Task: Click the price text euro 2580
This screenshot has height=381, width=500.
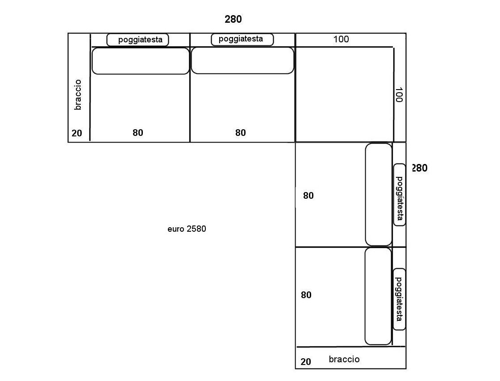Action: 187,229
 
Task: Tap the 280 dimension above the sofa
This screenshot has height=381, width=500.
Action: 233,20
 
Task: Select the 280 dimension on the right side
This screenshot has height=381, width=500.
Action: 420,168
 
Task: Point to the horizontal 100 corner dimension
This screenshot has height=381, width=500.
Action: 341,39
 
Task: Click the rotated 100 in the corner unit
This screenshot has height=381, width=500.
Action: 399,95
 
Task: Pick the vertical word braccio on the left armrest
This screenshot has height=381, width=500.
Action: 78,95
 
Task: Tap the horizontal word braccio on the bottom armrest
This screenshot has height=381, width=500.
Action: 344,359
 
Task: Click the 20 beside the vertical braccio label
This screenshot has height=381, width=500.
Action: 77,133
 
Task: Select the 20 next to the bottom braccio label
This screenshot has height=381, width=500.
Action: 305,362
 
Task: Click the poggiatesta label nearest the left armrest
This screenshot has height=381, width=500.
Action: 140,40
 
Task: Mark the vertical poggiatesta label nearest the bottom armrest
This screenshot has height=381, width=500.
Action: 399,299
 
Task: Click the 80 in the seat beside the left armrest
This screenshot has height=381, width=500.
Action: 138,133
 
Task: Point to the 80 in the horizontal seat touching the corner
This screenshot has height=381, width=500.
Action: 241,133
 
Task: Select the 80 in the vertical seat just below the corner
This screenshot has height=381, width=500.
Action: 308,196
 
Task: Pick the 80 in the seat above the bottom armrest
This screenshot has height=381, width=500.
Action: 306,295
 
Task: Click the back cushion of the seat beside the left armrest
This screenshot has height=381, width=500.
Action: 141,61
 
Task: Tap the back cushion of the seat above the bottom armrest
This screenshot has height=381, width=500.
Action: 378,296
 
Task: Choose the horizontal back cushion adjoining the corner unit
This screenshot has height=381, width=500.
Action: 242,61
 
